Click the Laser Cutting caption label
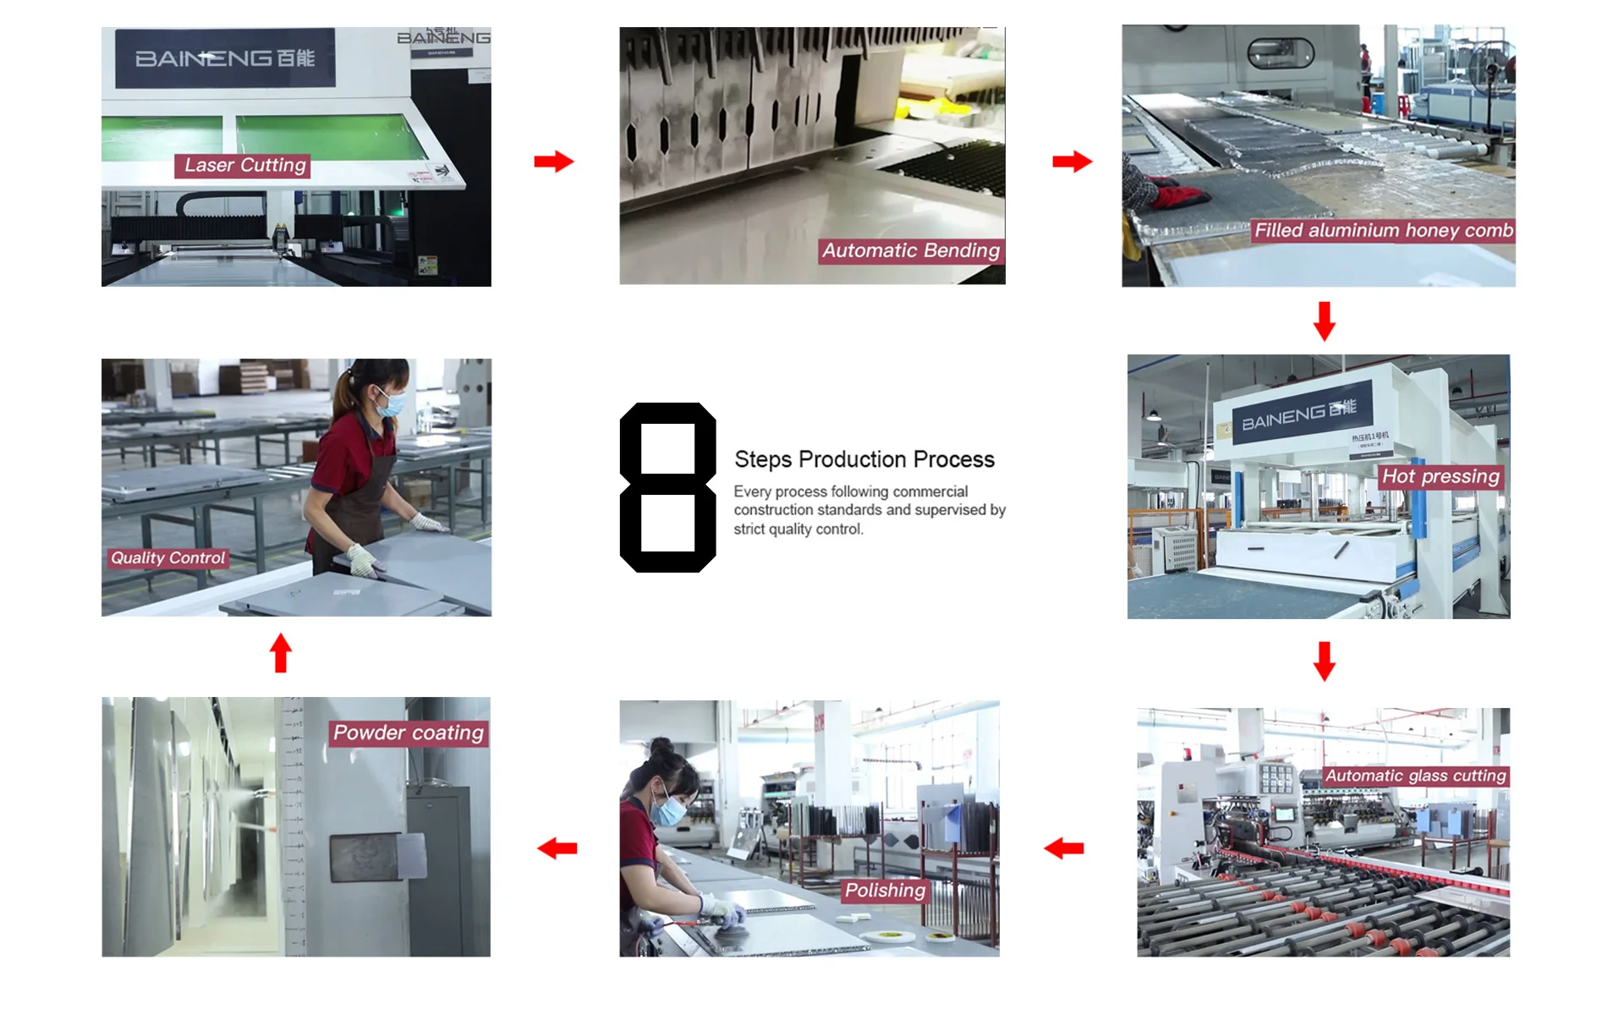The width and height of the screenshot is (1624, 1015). (x=244, y=166)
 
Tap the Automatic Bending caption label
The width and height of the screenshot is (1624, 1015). (x=911, y=251)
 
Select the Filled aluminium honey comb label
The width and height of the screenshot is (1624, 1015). (x=1383, y=231)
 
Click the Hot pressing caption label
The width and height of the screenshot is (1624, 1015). (x=1440, y=477)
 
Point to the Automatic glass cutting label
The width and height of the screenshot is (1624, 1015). (x=1415, y=776)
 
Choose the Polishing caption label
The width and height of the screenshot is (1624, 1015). (x=885, y=891)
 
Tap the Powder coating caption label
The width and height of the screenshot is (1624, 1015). (x=409, y=733)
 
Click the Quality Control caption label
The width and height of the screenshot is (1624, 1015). (x=168, y=558)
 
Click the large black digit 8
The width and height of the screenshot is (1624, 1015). (x=667, y=488)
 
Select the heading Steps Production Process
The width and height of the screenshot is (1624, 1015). (x=864, y=459)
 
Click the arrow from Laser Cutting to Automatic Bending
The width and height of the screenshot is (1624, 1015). (x=554, y=162)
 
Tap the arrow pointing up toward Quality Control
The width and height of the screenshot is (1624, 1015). (x=281, y=653)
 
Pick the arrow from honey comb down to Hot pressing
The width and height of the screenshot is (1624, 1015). (x=1325, y=321)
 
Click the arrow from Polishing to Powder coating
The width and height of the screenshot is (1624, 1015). (x=557, y=848)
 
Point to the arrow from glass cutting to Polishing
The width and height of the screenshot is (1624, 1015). (x=1064, y=848)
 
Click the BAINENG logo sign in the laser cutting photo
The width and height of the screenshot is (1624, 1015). (x=225, y=58)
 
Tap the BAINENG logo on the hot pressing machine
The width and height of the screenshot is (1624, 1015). (x=1298, y=414)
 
